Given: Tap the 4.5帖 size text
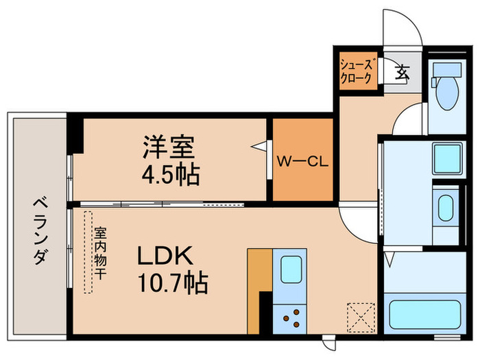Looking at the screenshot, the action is [x=171, y=176].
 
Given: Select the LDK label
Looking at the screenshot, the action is [x=165, y=256].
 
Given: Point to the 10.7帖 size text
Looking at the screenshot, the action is [x=173, y=283].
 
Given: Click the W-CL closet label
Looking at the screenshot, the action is [x=302, y=161].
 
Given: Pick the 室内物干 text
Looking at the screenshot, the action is [x=100, y=253].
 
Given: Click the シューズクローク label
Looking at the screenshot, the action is [x=357, y=71].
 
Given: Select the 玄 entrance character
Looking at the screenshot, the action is [x=402, y=73].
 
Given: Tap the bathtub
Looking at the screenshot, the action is [x=425, y=315].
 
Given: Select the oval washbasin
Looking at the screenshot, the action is [x=446, y=208].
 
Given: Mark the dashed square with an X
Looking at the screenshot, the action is [x=361, y=317].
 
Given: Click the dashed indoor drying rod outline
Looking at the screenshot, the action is [x=88, y=252].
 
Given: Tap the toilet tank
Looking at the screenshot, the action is [x=448, y=70].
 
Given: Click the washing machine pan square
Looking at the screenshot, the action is [x=447, y=159].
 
